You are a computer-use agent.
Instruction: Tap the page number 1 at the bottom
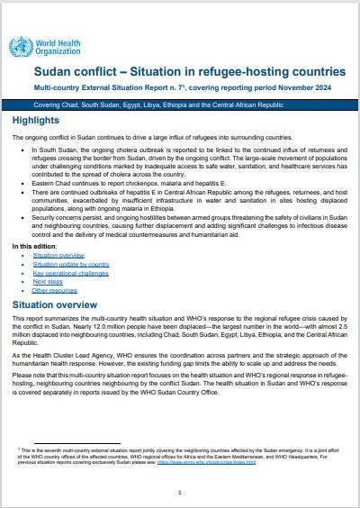coord(180,493)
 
